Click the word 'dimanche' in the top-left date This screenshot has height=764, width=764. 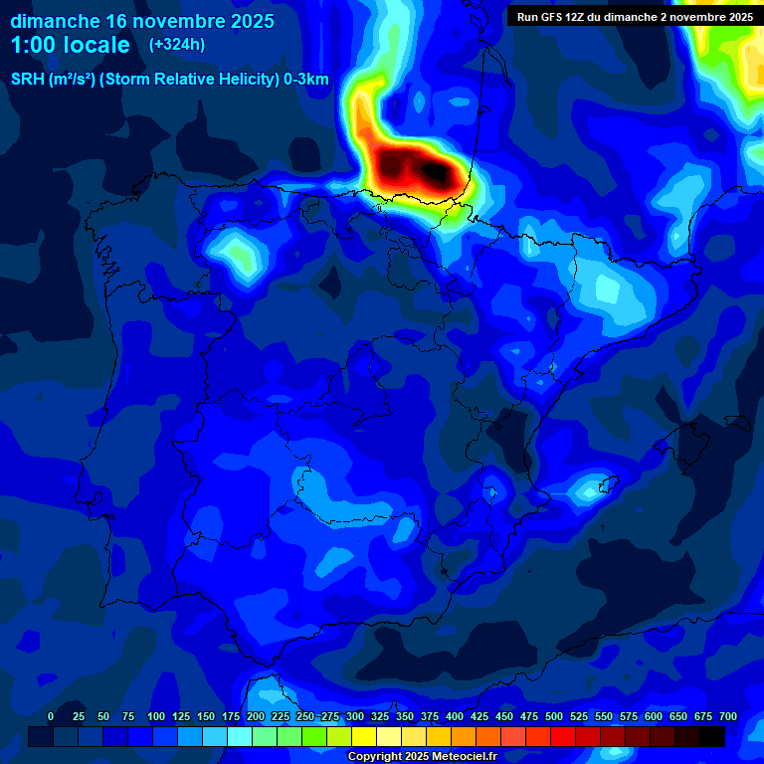[x=54, y=21]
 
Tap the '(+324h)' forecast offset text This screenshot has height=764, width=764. [x=176, y=45]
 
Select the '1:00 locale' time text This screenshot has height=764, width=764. [x=71, y=45]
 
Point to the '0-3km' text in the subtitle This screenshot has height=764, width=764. [x=304, y=80]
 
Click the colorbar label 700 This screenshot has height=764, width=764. [x=727, y=716]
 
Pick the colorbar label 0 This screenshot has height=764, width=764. [x=51, y=716]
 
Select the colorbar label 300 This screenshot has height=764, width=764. [x=355, y=716]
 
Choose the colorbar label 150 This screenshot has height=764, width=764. [x=206, y=716]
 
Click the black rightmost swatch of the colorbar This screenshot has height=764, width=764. [x=711, y=736]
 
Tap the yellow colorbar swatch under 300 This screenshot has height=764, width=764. [x=363, y=736]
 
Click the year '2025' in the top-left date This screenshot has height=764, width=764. [x=245, y=21]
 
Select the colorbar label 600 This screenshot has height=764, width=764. [x=654, y=716]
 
